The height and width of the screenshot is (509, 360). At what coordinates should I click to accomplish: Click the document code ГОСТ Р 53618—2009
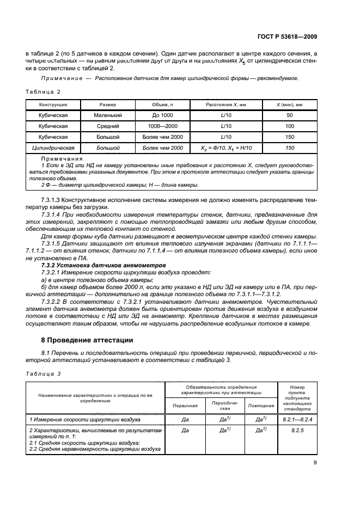point(288,36)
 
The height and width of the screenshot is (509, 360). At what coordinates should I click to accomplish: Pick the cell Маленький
point(107,115)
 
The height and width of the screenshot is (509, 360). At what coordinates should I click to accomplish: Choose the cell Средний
point(107,126)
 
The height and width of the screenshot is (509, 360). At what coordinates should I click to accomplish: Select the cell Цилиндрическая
point(53,148)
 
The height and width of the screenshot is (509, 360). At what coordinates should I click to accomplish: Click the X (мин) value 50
point(289,115)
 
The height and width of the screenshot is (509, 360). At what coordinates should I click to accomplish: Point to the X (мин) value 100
point(289,126)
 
